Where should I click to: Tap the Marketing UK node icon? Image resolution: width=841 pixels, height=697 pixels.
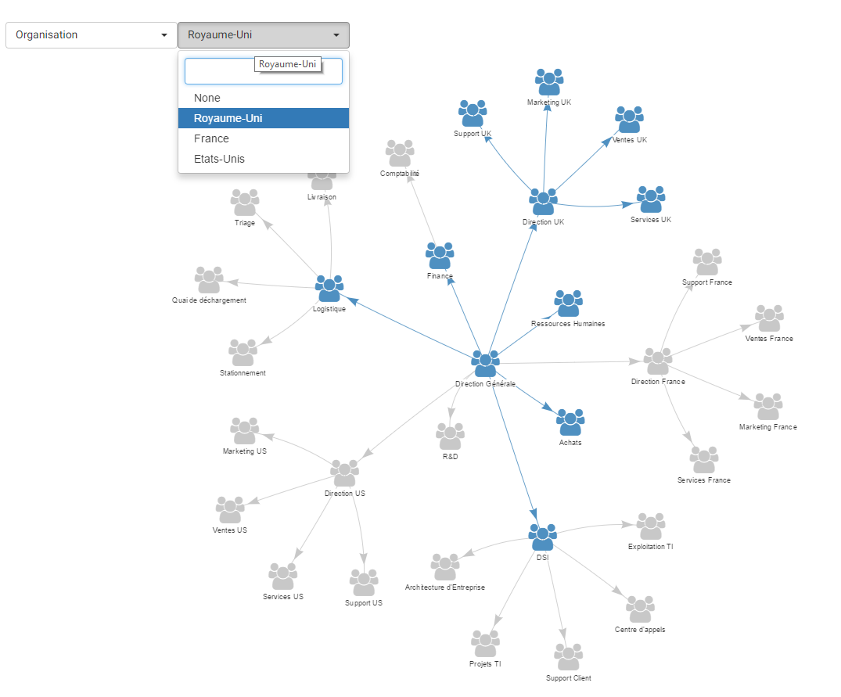549,82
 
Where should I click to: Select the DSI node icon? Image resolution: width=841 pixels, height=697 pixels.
542,537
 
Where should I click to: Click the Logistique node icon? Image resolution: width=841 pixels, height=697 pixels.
329,289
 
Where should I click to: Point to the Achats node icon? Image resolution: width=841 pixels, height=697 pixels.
570,422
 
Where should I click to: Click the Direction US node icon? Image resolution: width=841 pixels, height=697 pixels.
344,473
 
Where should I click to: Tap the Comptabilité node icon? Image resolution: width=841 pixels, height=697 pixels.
400,153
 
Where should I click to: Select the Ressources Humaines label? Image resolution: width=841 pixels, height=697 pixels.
568,324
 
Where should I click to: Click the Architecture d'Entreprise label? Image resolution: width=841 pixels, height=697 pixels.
445,587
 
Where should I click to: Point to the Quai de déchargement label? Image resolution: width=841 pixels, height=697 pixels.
210,300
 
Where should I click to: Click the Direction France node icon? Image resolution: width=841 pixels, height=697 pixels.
657,361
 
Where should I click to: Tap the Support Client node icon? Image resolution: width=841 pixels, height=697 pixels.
569,657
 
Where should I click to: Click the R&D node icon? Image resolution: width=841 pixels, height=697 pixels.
450,437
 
